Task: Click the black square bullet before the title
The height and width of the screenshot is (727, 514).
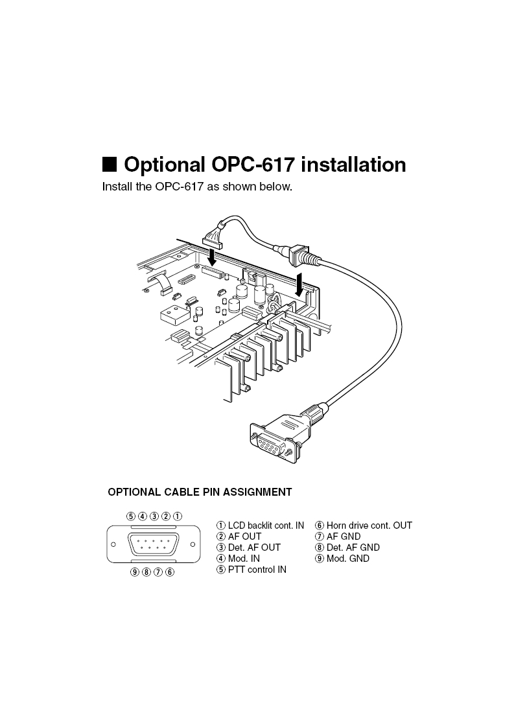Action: (110, 164)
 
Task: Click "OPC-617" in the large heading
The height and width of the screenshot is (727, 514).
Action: (253, 165)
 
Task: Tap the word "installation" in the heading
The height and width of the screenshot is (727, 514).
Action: (354, 165)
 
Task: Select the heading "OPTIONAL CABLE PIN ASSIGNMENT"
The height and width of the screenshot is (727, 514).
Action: (200, 492)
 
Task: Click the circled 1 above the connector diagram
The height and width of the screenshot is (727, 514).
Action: (177, 516)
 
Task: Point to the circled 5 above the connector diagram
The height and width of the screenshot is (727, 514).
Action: (131, 516)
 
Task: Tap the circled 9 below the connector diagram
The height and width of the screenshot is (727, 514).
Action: (134, 571)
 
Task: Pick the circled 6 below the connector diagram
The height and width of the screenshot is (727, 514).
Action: (169, 571)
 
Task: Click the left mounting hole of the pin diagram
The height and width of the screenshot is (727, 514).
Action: (113, 544)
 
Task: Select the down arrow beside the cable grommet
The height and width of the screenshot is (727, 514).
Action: (299, 283)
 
